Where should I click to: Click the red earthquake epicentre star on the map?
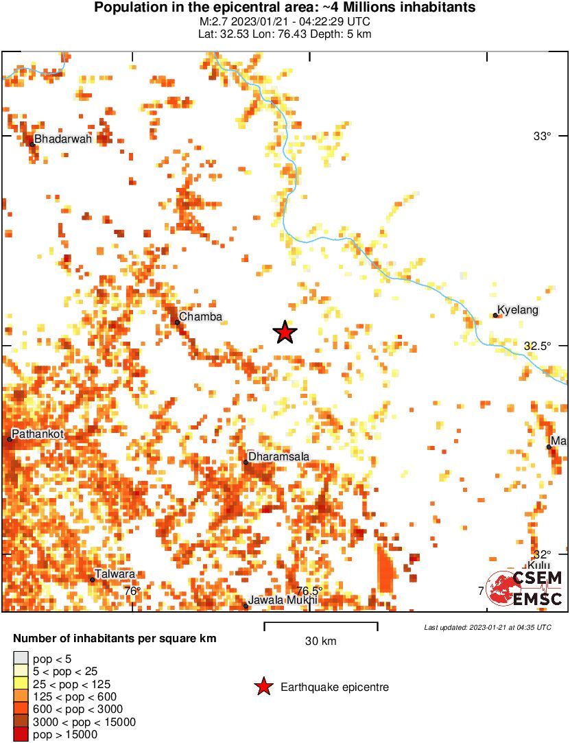point(285,333)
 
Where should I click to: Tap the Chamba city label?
point(201,316)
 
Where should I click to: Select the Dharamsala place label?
point(278,456)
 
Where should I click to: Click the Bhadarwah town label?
point(62,139)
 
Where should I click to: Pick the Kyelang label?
point(517,311)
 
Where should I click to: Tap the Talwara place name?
point(115,574)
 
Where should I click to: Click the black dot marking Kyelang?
point(495,316)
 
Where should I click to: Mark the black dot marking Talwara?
point(93,580)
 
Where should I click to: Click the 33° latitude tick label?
point(542,137)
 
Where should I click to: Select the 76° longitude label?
point(132,591)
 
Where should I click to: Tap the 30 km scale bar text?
point(320,642)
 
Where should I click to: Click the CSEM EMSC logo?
point(525,588)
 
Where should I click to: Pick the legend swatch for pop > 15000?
point(21,734)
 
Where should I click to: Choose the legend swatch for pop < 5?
point(21,660)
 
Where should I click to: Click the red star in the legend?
point(263,687)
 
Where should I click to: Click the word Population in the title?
point(126,8)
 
